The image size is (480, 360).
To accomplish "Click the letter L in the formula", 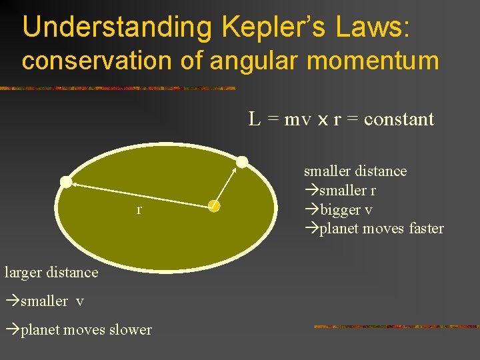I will (254, 119).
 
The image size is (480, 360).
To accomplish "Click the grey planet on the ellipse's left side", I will (66, 181).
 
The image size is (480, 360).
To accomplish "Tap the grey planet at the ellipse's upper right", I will (242, 162).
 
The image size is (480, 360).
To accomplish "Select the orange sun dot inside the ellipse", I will (213, 207).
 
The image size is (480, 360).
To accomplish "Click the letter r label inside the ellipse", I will (139, 210).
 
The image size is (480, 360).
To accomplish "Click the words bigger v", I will (346, 210).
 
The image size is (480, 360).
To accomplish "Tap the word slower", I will (131, 330).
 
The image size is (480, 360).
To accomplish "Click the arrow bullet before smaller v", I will (12, 301).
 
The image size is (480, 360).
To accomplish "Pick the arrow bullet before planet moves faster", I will (311, 229).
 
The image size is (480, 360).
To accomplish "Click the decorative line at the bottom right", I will (396, 327).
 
